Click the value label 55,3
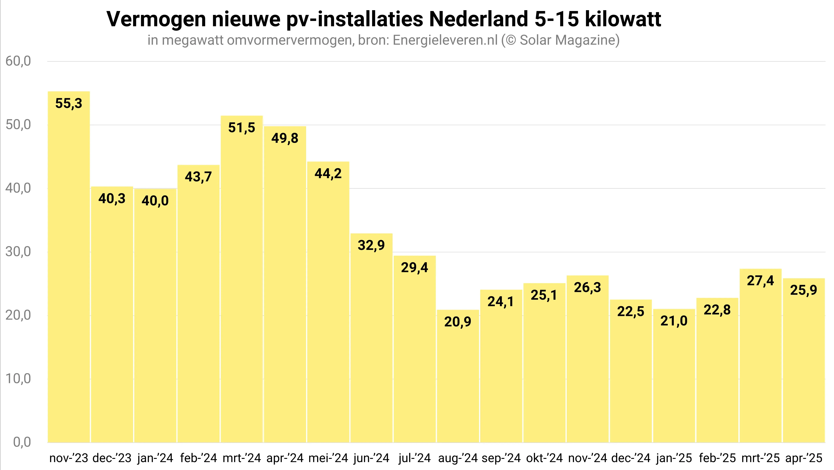[x=69, y=104]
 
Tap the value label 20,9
[x=457, y=322]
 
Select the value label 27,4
[x=760, y=281]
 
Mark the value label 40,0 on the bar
[x=155, y=201]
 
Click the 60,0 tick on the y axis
[x=18, y=61]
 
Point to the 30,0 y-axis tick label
[x=18, y=252]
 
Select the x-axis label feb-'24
[x=198, y=458]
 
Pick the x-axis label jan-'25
[x=674, y=458]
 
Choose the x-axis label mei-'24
[x=328, y=458]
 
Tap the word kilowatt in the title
[x=623, y=19]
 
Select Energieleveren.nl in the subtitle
[x=445, y=40]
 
